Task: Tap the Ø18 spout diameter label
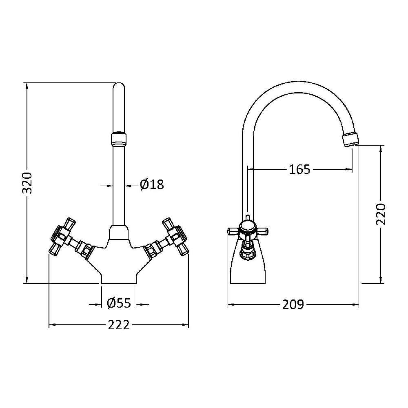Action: (x=152, y=185)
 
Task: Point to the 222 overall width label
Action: (x=118, y=325)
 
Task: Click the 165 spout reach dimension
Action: (x=300, y=169)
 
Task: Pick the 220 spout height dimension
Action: (x=381, y=214)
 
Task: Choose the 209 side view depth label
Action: (x=293, y=304)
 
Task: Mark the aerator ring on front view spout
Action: (x=119, y=138)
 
